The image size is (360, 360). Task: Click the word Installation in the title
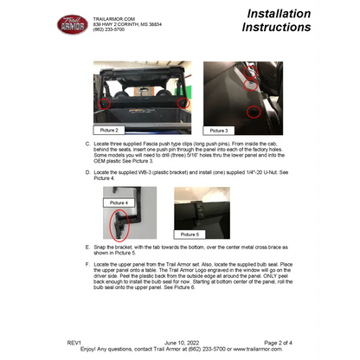tap(279, 13)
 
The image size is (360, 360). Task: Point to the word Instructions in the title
tap(276, 27)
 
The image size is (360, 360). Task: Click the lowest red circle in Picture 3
tap(252, 111)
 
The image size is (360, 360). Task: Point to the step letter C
tap(87, 143)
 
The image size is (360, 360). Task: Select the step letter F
tap(87, 262)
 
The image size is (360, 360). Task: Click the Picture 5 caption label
tap(190, 234)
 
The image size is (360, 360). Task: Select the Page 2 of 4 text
tap(282, 343)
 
